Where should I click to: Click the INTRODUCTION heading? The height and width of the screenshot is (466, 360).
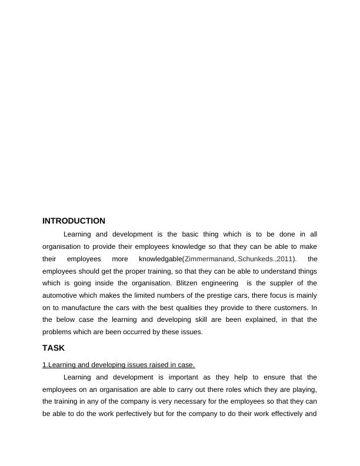tap(74, 221)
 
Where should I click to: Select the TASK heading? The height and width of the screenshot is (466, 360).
tap(54, 348)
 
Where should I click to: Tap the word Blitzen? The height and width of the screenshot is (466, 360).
tap(189, 283)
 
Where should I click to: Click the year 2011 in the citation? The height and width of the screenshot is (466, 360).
tap(284, 259)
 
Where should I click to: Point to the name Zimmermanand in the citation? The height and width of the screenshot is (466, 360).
tap(210, 259)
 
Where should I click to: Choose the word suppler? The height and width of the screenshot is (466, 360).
tap(278, 283)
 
